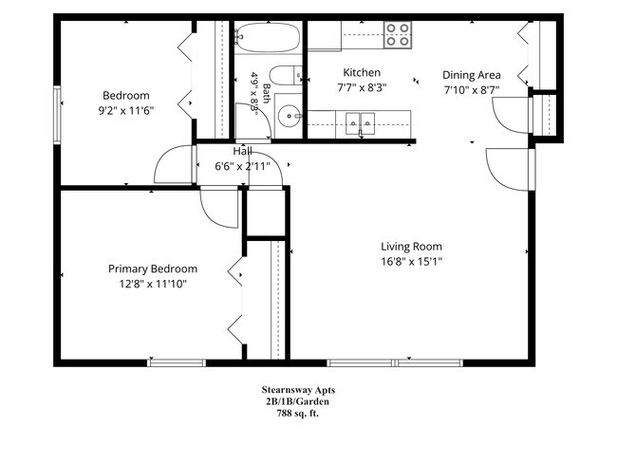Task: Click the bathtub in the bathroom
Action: (268, 37)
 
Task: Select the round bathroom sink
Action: (290, 116)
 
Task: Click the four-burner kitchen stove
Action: (398, 35)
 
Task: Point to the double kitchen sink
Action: (360, 123)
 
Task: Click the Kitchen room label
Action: (362, 73)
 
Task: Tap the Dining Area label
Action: (472, 75)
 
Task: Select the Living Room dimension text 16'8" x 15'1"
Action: (411, 261)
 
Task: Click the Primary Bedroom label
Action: (153, 269)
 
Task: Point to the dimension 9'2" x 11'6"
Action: (125, 111)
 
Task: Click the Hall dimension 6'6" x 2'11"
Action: (242, 166)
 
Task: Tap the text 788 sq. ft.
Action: (298, 414)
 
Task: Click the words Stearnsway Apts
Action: (298, 390)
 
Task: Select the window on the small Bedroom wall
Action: (58, 115)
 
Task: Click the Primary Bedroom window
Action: (177, 362)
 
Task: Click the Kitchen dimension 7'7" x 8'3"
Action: (362, 87)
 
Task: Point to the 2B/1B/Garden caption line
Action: (297, 401)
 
